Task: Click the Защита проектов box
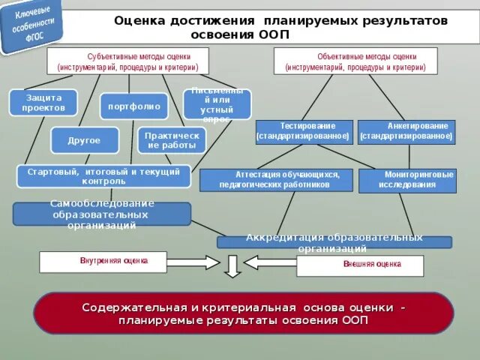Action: point(43,103)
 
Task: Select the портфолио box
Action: point(133,106)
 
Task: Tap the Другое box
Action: point(85,140)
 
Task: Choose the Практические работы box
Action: point(171,140)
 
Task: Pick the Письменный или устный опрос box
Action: point(217,104)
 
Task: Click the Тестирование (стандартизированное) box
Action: point(303,131)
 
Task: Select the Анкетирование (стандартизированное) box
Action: point(406,131)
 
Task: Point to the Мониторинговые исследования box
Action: point(407,180)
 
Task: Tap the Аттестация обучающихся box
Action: point(274,180)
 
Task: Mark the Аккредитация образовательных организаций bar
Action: point(334,242)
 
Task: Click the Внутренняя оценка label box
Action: point(114,262)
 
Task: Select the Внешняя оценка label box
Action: point(360,265)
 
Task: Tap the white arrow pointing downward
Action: point(232,265)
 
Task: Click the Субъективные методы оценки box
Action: point(127,61)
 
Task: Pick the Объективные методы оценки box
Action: point(355,61)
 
